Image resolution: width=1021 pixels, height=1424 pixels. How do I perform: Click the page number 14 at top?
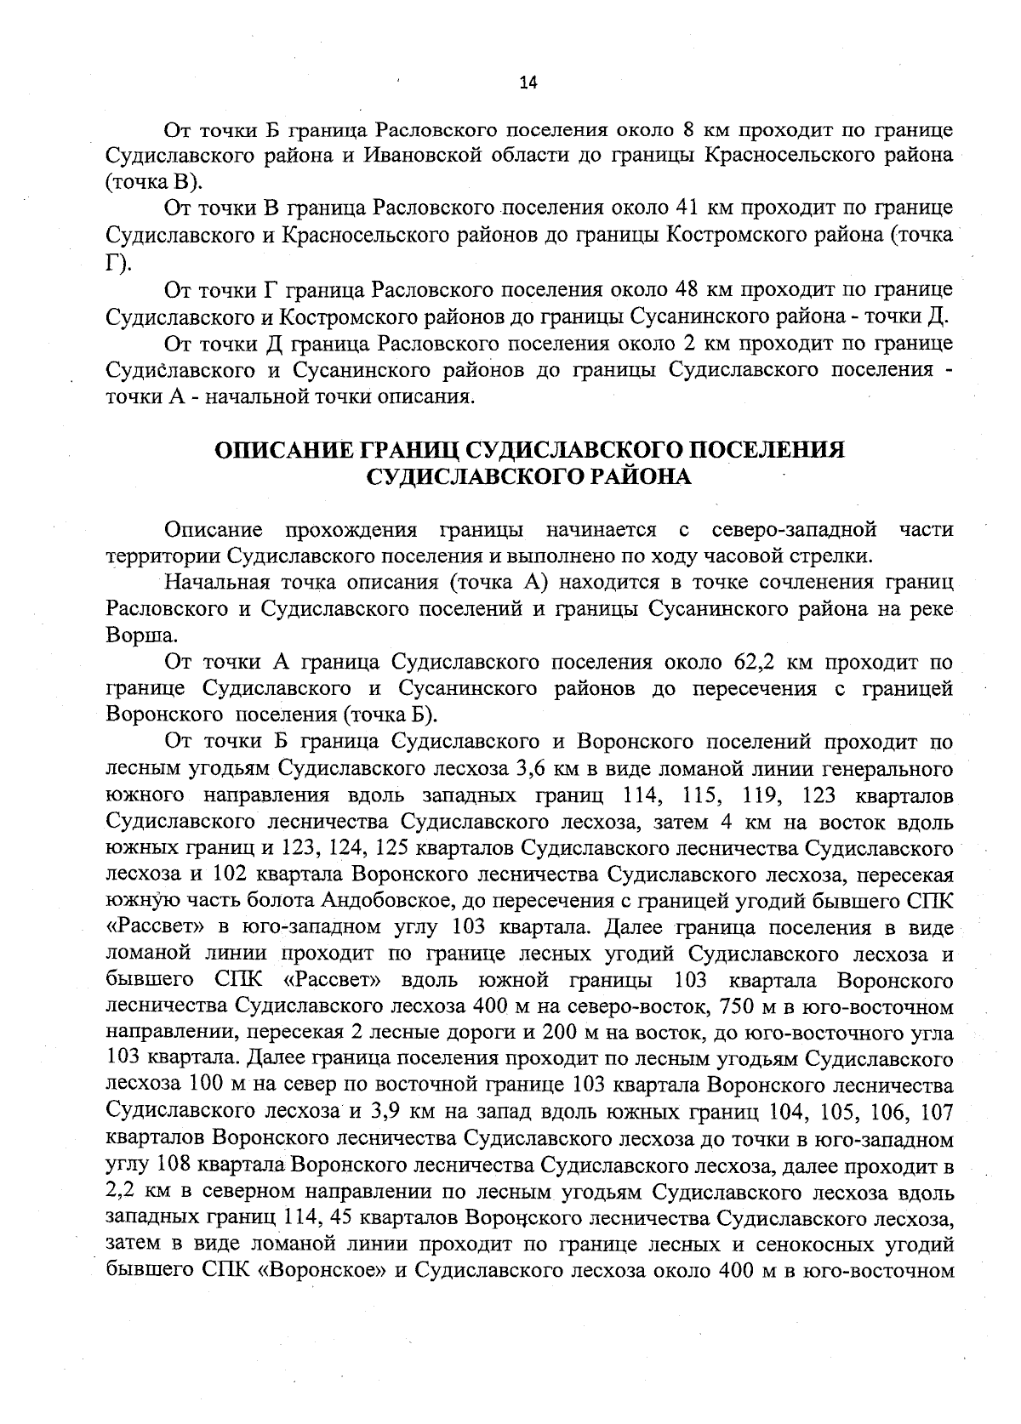(x=528, y=82)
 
